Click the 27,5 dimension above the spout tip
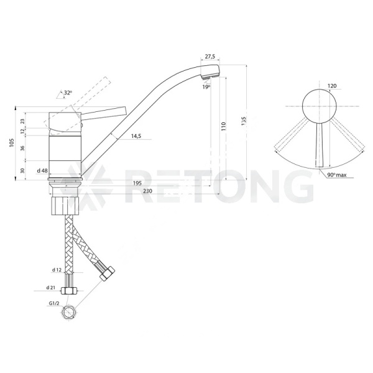(210, 57)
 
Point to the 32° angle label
(68, 93)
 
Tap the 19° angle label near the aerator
(206, 87)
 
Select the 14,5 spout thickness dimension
(136, 136)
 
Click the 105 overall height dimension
(12, 142)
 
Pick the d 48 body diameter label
(42, 170)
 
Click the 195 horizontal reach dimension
(137, 183)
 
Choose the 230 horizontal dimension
(148, 191)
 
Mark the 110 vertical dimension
(223, 127)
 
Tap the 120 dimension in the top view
(332, 86)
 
